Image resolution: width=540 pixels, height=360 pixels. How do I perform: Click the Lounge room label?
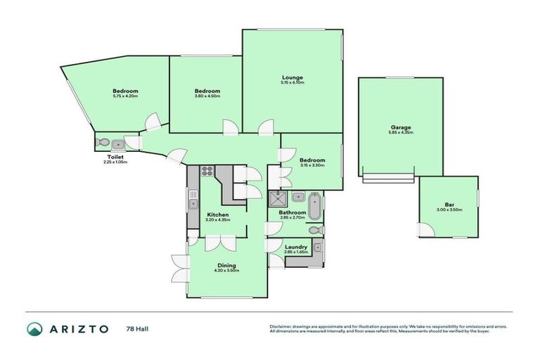coord(292,77)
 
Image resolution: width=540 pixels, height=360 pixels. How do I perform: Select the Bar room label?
coord(448,204)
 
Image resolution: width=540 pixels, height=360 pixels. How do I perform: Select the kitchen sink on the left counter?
coord(191,205)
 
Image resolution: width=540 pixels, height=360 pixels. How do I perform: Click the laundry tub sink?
coord(317,246)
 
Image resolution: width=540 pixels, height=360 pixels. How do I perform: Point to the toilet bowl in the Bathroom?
coord(317,230)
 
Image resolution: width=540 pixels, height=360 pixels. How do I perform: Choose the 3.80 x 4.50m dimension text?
coord(207,96)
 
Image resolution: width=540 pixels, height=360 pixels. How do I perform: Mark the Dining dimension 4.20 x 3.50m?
coord(226,271)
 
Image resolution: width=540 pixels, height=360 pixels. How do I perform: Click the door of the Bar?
coord(425,230)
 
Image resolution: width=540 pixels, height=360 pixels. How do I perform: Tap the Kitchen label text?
coord(217,214)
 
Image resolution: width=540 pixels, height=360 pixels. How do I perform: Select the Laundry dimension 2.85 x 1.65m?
coord(295,252)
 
